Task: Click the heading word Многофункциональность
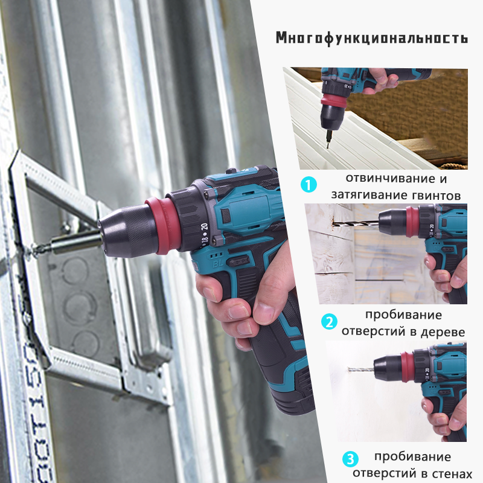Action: (372, 38)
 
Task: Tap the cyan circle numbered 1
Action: (309, 185)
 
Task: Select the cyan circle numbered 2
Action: (329, 322)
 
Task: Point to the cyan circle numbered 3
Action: (350, 459)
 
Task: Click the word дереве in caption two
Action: (443, 332)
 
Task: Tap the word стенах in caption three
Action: (452, 473)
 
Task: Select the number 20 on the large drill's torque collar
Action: (204, 227)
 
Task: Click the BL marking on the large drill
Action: (217, 263)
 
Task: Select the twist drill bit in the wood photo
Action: (356, 223)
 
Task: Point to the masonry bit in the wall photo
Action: (361, 369)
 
